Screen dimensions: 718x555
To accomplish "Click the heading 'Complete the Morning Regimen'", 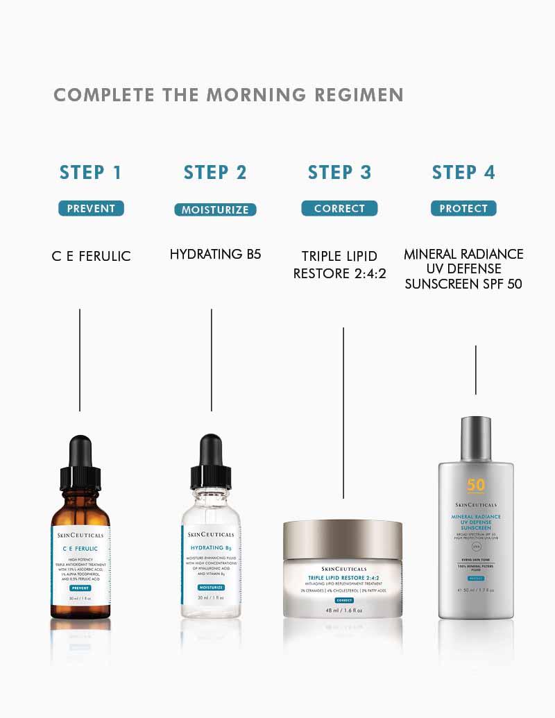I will click(x=228, y=95).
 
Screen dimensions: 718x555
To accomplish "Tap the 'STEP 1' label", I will click(x=91, y=173).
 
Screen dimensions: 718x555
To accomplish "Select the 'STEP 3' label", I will click(x=339, y=173).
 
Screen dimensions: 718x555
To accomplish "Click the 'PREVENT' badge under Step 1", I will click(x=91, y=208).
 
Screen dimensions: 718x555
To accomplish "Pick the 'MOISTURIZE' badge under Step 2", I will click(x=215, y=210).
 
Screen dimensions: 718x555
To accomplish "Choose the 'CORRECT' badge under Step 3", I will click(x=339, y=208).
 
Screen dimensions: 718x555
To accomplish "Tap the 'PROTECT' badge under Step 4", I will click(x=463, y=208).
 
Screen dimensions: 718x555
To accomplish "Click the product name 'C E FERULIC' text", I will click(x=91, y=256).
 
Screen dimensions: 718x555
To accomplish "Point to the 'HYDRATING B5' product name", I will click(x=215, y=255).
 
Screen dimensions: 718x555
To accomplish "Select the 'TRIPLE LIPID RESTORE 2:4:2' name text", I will click(x=339, y=265).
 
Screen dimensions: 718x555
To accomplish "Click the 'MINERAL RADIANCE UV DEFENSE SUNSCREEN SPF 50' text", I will click(x=463, y=268).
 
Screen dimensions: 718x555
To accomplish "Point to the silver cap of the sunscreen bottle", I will click(x=476, y=437).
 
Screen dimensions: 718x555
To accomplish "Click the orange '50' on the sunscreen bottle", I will click(x=476, y=485).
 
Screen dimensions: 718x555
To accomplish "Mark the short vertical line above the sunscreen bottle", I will click(x=475, y=370).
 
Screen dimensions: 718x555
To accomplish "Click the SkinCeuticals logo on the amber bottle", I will click(x=80, y=536).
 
